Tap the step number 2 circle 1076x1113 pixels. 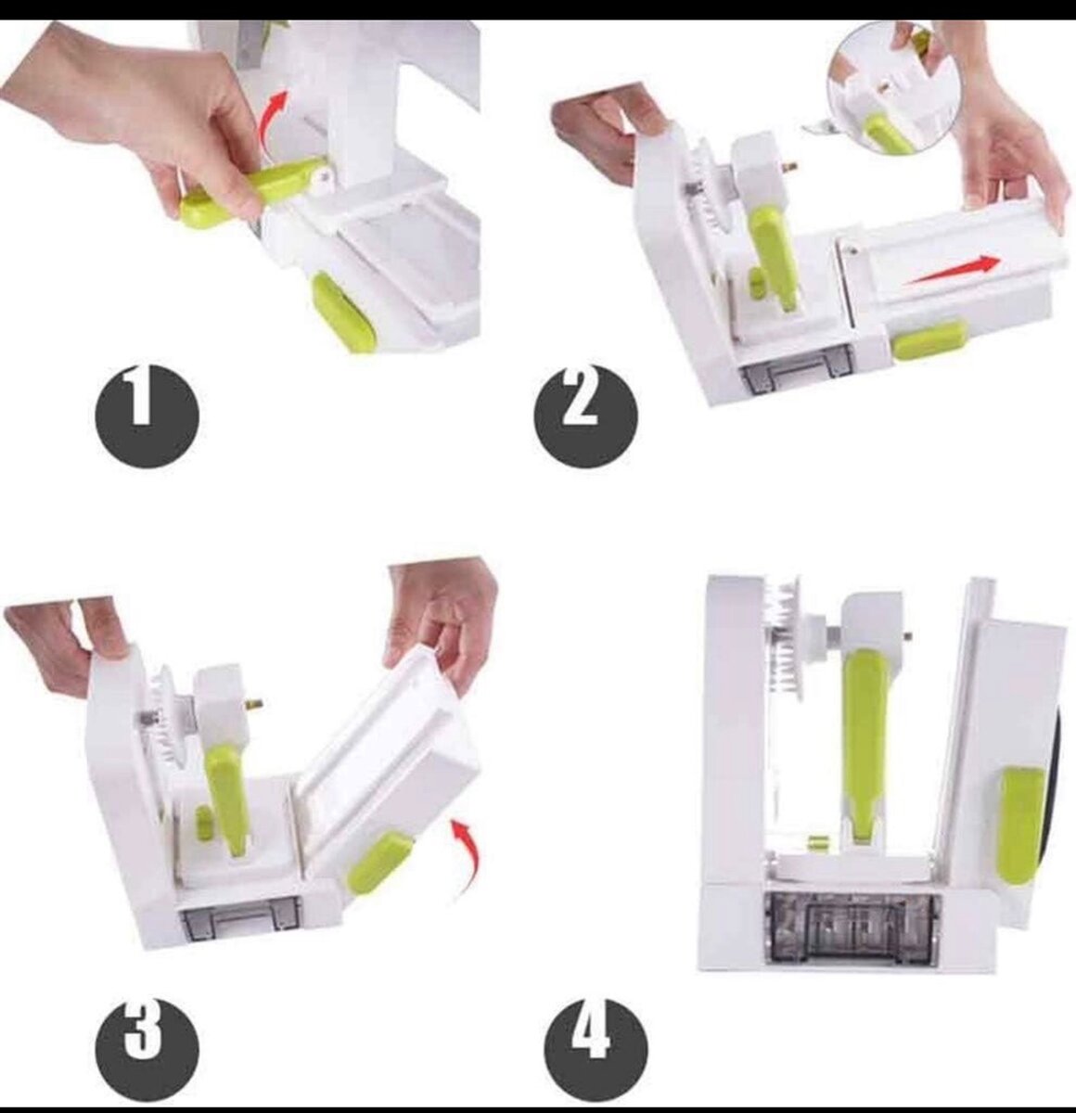pyautogui.click(x=585, y=415)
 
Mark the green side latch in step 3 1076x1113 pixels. pyautogui.click(x=379, y=862)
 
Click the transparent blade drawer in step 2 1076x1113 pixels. pyautogui.click(x=795, y=378)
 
